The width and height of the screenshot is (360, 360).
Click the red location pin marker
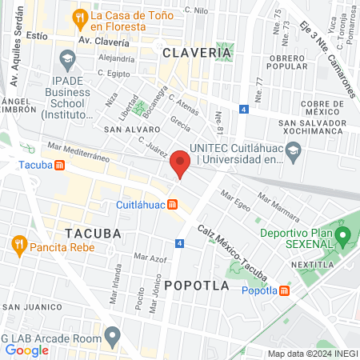[x=180, y=164]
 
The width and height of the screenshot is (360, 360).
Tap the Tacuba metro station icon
[x=58, y=165]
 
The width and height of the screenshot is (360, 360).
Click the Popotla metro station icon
[x=286, y=290]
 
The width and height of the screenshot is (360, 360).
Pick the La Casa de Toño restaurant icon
[x=78, y=17]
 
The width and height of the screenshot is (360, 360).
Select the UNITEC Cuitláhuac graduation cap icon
[x=294, y=150]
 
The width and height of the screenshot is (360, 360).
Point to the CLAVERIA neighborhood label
[x=196, y=53]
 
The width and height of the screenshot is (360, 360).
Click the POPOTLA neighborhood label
[x=197, y=285]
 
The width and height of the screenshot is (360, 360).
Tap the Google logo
[x=26, y=350]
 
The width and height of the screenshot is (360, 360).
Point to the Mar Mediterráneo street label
[x=78, y=151]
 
